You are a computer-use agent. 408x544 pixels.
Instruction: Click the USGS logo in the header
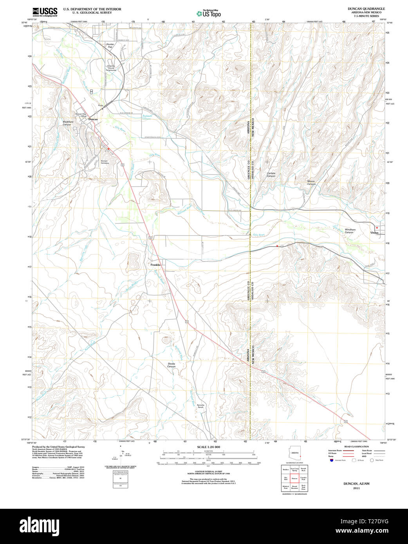click(x=45, y=11)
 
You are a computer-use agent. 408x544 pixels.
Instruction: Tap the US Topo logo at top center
click(x=209, y=13)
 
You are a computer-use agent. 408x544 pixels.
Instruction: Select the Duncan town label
click(x=93, y=119)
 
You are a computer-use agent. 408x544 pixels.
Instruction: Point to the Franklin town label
click(x=155, y=265)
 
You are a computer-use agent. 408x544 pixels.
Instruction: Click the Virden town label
click(x=374, y=232)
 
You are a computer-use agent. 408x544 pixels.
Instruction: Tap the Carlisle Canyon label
click(x=271, y=175)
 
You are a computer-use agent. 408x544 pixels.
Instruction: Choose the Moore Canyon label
click(x=311, y=182)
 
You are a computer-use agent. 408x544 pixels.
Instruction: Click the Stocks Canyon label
click(x=172, y=365)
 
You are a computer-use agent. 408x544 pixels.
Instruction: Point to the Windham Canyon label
click(x=350, y=231)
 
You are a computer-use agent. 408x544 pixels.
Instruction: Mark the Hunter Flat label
click(x=110, y=45)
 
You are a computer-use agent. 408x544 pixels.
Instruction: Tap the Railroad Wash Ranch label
click(x=200, y=406)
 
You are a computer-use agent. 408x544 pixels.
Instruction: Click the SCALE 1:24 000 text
click(x=208, y=447)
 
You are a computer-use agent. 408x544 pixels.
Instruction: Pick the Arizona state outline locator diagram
click(x=294, y=454)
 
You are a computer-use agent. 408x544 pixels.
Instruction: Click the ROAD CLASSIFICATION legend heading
click(x=356, y=447)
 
